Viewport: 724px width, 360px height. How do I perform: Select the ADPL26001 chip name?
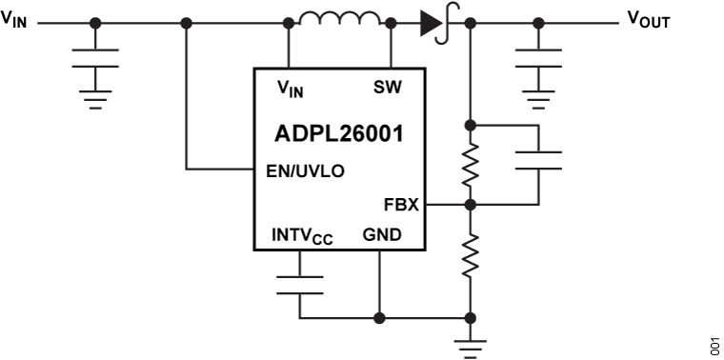(x=340, y=133)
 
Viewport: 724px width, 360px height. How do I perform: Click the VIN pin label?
(x=291, y=89)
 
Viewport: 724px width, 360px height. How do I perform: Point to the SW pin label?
(x=388, y=88)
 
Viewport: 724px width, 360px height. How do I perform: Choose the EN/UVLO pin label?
(x=305, y=171)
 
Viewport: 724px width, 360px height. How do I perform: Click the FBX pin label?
(x=401, y=204)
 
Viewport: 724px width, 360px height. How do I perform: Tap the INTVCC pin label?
(x=301, y=235)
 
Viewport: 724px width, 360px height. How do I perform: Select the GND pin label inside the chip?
(x=381, y=234)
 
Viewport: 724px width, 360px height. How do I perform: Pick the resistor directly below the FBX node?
(x=470, y=255)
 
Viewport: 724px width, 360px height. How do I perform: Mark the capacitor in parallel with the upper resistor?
(x=538, y=160)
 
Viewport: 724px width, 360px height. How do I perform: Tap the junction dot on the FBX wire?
(x=470, y=204)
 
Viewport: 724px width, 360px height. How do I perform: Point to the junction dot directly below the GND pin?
(x=379, y=317)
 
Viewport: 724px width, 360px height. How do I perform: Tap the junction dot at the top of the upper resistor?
(x=470, y=125)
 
